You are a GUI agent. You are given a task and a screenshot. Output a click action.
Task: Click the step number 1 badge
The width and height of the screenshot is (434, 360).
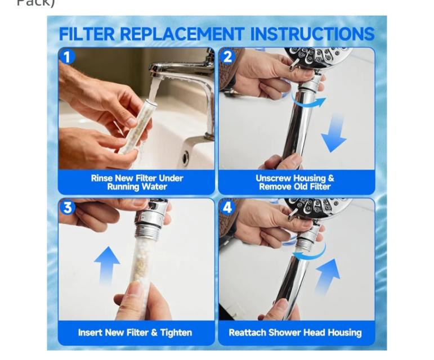click(x=67, y=57)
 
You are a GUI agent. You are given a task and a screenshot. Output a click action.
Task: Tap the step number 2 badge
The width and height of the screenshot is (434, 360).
click(x=227, y=57)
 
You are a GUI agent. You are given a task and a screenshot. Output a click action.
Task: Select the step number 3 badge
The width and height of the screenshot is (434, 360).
click(x=68, y=208)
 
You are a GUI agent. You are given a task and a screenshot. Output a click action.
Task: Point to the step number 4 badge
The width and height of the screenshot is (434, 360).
click(x=227, y=208)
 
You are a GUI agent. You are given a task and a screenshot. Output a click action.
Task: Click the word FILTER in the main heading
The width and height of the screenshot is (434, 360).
click(x=87, y=34)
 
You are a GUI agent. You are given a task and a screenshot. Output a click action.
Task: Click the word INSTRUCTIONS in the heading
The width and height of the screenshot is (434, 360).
click(x=312, y=34)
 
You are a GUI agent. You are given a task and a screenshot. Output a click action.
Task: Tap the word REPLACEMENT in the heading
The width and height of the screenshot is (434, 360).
click(x=182, y=34)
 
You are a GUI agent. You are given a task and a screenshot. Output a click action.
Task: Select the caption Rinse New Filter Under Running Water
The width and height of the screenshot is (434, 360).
click(x=137, y=182)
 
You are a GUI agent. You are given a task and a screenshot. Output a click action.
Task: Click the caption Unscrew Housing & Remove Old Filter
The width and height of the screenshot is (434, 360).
click(x=295, y=182)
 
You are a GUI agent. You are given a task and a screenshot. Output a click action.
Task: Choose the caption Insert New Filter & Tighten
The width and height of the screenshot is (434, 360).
click(x=135, y=332)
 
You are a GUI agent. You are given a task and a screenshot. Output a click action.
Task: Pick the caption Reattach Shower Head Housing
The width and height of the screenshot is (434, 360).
click(x=296, y=332)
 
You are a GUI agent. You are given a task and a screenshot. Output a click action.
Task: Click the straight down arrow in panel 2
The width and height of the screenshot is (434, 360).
click(x=334, y=132)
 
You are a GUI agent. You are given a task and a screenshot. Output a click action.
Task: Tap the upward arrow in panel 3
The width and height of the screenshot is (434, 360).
click(x=107, y=266)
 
